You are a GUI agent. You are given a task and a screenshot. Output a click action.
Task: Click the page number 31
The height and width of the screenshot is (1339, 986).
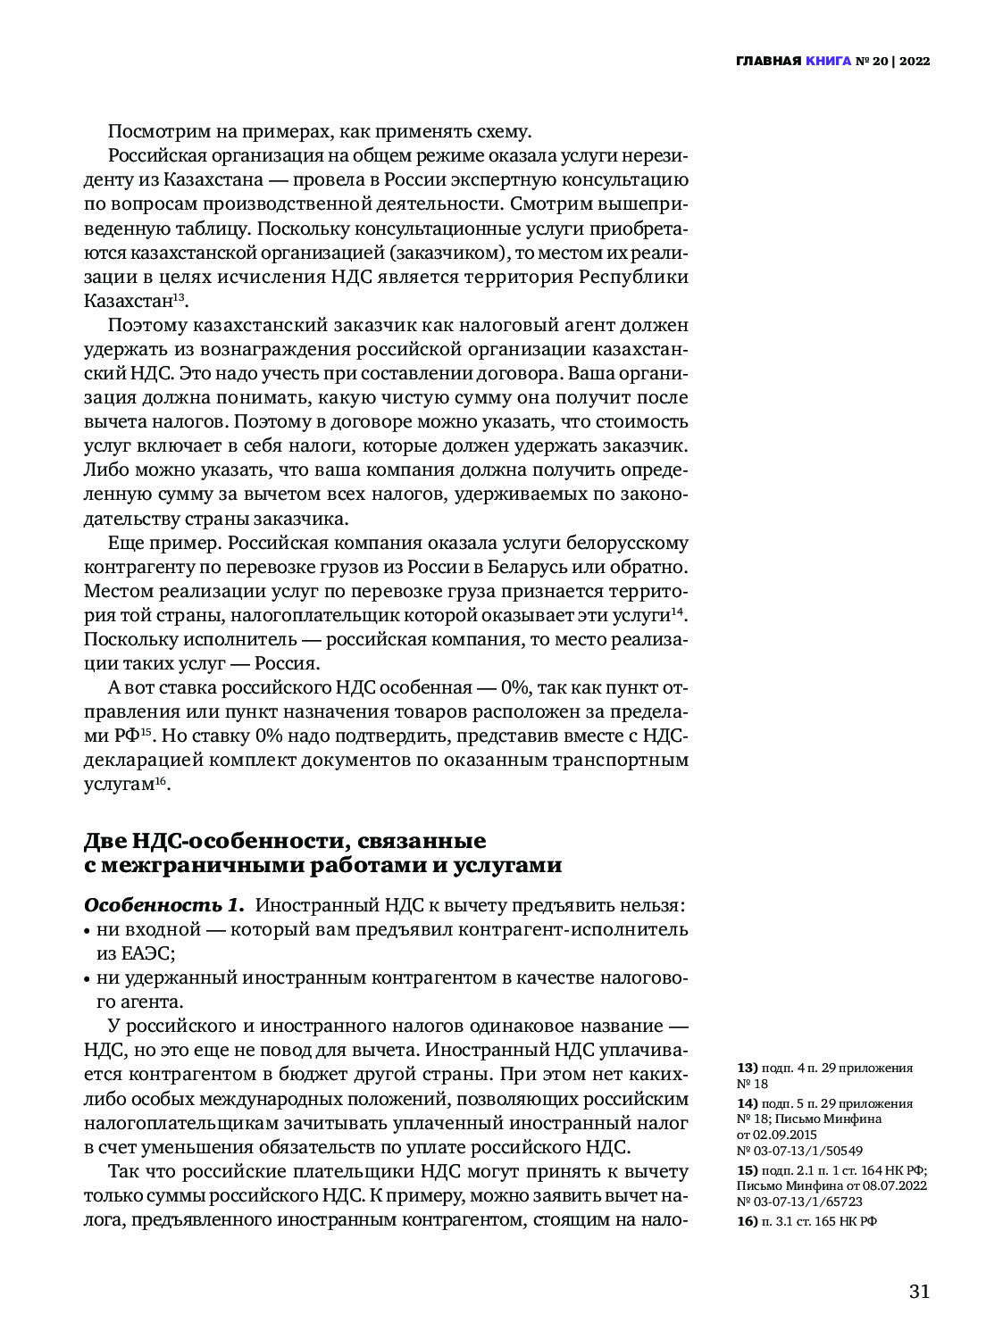click(x=919, y=1292)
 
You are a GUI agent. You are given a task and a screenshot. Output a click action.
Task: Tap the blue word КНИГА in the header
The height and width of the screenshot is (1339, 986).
click(x=828, y=62)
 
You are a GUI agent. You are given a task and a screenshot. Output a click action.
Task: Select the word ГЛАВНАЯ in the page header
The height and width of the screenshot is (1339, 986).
click(x=768, y=62)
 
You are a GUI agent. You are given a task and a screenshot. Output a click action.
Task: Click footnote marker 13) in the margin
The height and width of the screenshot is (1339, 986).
click(x=748, y=1068)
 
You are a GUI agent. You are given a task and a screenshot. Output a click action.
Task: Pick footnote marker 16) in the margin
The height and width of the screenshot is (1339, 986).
click(x=748, y=1221)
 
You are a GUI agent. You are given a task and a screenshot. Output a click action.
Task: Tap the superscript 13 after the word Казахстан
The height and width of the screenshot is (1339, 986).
click(x=178, y=295)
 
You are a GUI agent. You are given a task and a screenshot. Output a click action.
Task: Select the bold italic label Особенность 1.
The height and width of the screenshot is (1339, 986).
click(x=163, y=905)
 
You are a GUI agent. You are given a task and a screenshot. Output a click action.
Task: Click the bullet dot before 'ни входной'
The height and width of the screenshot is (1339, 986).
click(x=88, y=931)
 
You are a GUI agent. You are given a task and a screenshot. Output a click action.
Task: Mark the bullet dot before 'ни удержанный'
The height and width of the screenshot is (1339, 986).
click(x=88, y=979)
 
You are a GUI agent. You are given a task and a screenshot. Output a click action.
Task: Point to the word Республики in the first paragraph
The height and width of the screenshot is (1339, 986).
click(x=634, y=277)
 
